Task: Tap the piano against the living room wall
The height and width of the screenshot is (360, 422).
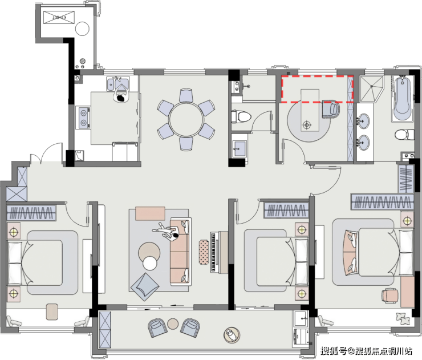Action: coord(220,252)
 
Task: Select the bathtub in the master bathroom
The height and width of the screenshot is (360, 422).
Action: coord(403,99)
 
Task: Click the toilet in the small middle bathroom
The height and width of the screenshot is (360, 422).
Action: coord(241,117)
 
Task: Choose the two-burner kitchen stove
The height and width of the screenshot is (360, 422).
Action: coord(84,118)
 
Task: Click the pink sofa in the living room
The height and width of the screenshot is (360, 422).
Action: coord(180,252)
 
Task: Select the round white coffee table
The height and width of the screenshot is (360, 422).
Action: coord(150,263)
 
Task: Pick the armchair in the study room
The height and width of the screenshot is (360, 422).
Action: coord(331,109)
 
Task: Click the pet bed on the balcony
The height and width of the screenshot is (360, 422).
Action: coord(232,335)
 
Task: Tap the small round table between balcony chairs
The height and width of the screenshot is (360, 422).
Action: coord(173,324)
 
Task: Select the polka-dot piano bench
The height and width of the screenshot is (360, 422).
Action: coord(204,252)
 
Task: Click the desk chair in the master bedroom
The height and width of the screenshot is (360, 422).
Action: coord(390,296)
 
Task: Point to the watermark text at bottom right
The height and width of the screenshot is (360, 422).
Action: coord(366,351)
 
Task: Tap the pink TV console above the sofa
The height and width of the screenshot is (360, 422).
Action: coord(150,213)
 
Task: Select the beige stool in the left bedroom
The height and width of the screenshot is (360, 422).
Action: coord(52,312)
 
